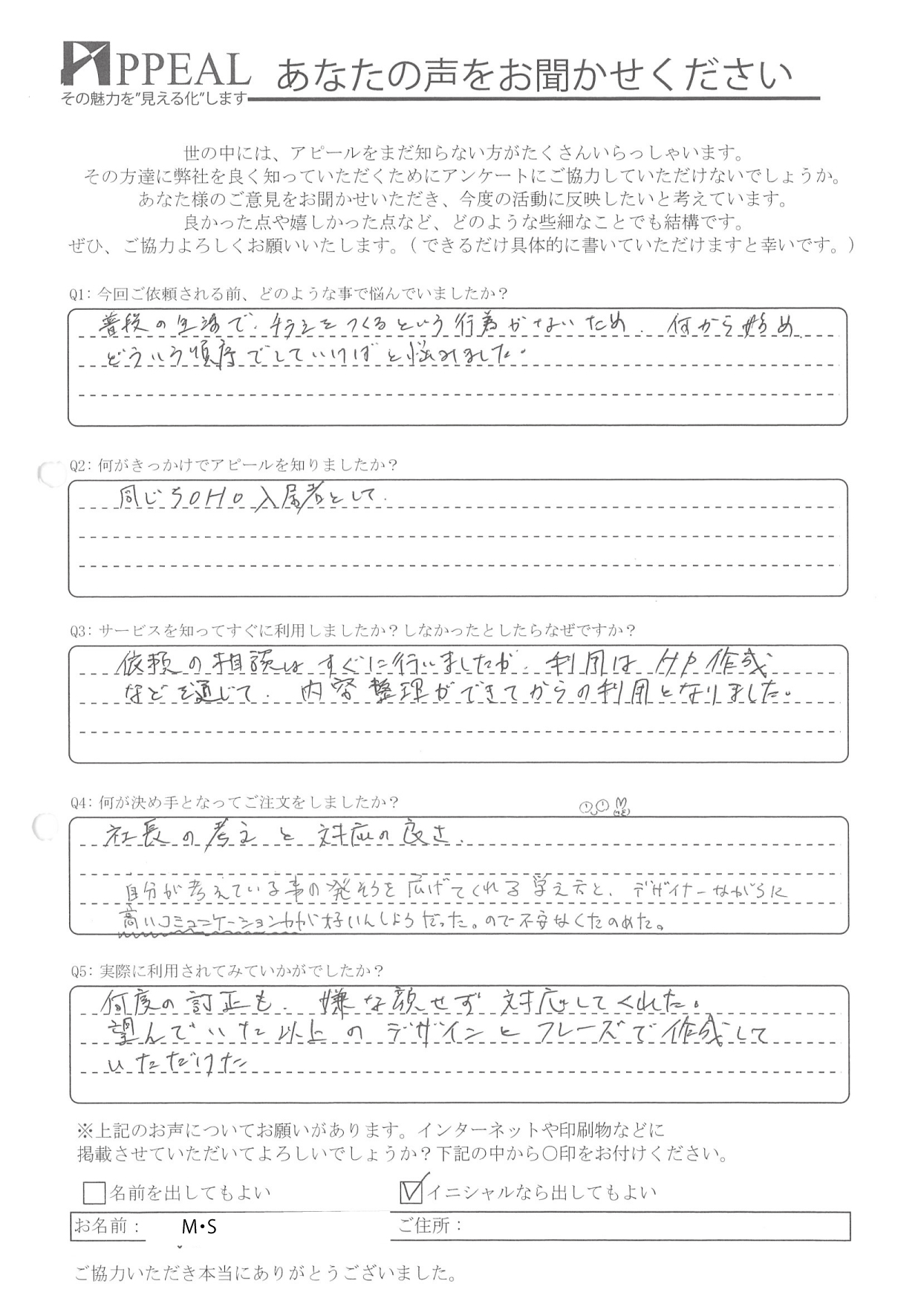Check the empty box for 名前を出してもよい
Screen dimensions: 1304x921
tap(94, 1193)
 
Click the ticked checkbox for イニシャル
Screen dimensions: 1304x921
tap(411, 1192)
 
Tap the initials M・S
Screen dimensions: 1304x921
tap(199, 1227)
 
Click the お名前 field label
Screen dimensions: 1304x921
tap(107, 1226)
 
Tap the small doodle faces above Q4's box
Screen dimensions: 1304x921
tap(605, 805)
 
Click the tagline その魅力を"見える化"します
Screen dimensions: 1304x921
tap(154, 99)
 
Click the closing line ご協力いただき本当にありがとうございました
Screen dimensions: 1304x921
tap(265, 1274)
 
